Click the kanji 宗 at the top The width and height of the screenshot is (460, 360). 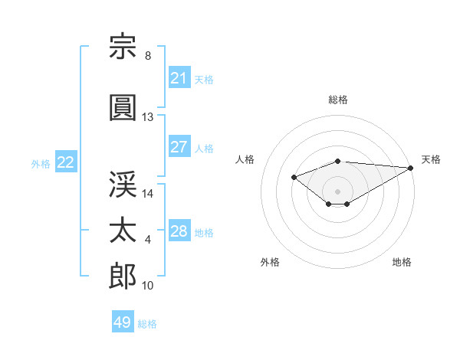pos(123,46)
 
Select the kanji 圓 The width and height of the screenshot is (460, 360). pos(123,107)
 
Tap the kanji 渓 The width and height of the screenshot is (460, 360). pos(123,184)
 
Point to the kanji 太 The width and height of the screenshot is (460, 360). pos(123,230)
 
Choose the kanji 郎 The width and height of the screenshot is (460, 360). pos(123,276)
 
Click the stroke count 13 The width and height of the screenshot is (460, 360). pos(147,117)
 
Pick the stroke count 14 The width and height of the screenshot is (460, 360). pos(147,194)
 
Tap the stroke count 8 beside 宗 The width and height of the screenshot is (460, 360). pos(148,56)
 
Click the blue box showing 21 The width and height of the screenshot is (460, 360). pos(179,77)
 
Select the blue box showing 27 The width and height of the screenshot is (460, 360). pos(179,146)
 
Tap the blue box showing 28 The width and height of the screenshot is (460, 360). pos(179,230)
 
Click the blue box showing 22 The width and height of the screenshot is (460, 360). pos(66,162)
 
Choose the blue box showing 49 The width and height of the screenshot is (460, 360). pos(123,321)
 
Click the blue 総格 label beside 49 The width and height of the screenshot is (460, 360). pos(147,324)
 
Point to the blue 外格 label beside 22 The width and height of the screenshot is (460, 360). pos(41,164)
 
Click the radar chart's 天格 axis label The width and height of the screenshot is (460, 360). pos(431,159)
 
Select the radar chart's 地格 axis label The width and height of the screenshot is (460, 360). pos(402,262)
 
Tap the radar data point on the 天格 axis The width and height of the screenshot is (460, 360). pos(411,168)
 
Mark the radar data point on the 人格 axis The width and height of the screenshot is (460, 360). pos(294,177)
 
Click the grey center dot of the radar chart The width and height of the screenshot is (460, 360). pos(337,191)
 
